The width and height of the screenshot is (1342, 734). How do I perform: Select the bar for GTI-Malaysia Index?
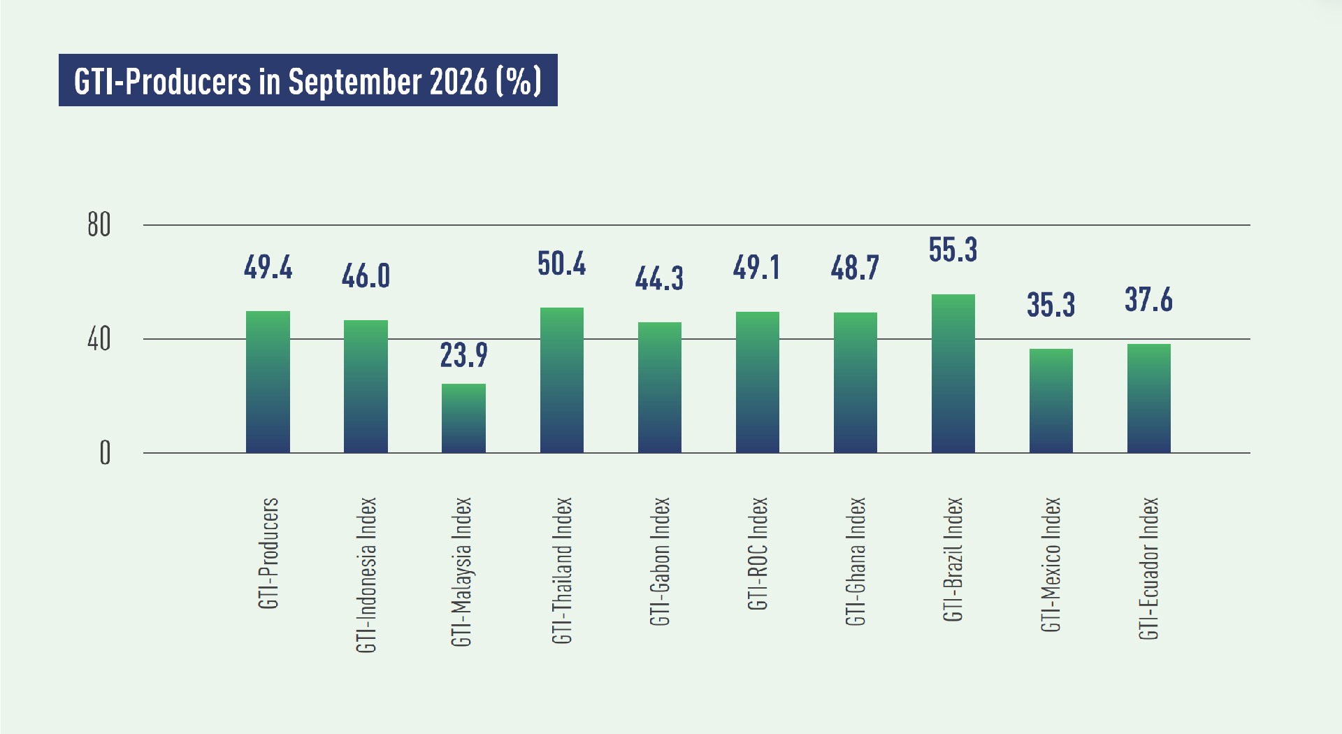coord(463,418)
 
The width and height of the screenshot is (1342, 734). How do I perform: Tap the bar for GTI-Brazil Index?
coord(953,373)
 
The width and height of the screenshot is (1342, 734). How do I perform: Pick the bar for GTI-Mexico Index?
coord(1051,401)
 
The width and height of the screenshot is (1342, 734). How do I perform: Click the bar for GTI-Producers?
coord(268,382)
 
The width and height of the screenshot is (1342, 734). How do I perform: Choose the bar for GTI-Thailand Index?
coord(562,380)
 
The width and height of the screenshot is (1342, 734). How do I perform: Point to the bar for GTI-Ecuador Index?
coord(1149,398)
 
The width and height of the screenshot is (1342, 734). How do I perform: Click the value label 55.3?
coord(953,250)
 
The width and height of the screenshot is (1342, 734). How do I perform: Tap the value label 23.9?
coord(463,355)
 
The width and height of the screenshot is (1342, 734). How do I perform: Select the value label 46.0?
coord(366,276)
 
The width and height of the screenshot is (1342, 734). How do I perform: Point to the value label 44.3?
coord(659,278)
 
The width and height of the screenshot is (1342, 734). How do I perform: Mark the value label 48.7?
coord(855,268)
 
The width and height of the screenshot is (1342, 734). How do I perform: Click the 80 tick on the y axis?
coord(99,225)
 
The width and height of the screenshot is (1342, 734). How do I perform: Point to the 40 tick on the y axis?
coord(99,340)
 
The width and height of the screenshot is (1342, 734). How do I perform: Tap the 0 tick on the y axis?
coord(105,453)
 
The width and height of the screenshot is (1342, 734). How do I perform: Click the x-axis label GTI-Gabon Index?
coord(660,561)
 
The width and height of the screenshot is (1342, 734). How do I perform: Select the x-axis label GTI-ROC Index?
coord(758,554)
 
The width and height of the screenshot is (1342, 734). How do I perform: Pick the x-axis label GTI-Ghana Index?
coord(856,561)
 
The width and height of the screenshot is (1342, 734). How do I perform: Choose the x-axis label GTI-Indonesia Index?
coord(366,575)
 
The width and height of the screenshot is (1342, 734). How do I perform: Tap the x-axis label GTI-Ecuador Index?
coord(1149,568)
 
